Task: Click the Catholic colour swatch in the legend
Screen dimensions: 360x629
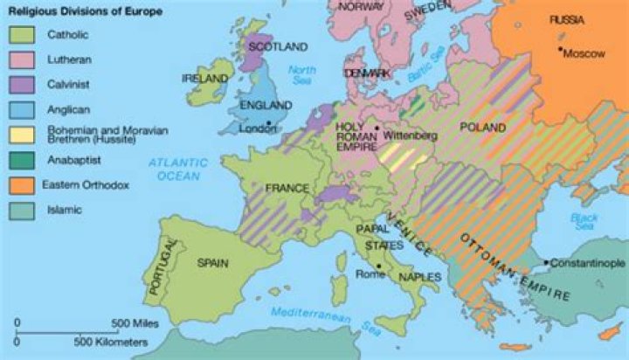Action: pyautogui.click(x=21, y=35)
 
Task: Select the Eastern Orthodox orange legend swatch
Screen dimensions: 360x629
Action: pyautogui.click(x=21, y=185)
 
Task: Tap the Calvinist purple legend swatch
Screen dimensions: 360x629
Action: pyautogui.click(x=21, y=85)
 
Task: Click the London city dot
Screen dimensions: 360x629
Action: pyautogui.click(x=268, y=123)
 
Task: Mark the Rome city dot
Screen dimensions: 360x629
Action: pyautogui.click(x=377, y=266)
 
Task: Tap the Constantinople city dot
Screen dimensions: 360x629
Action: pyautogui.click(x=545, y=262)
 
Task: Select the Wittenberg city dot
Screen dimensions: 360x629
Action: pyautogui.click(x=377, y=128)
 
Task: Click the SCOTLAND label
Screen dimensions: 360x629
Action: pyautogui.click(x=278, y=45)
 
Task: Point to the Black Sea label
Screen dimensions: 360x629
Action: pyautogui.click(x=583, y=221)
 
